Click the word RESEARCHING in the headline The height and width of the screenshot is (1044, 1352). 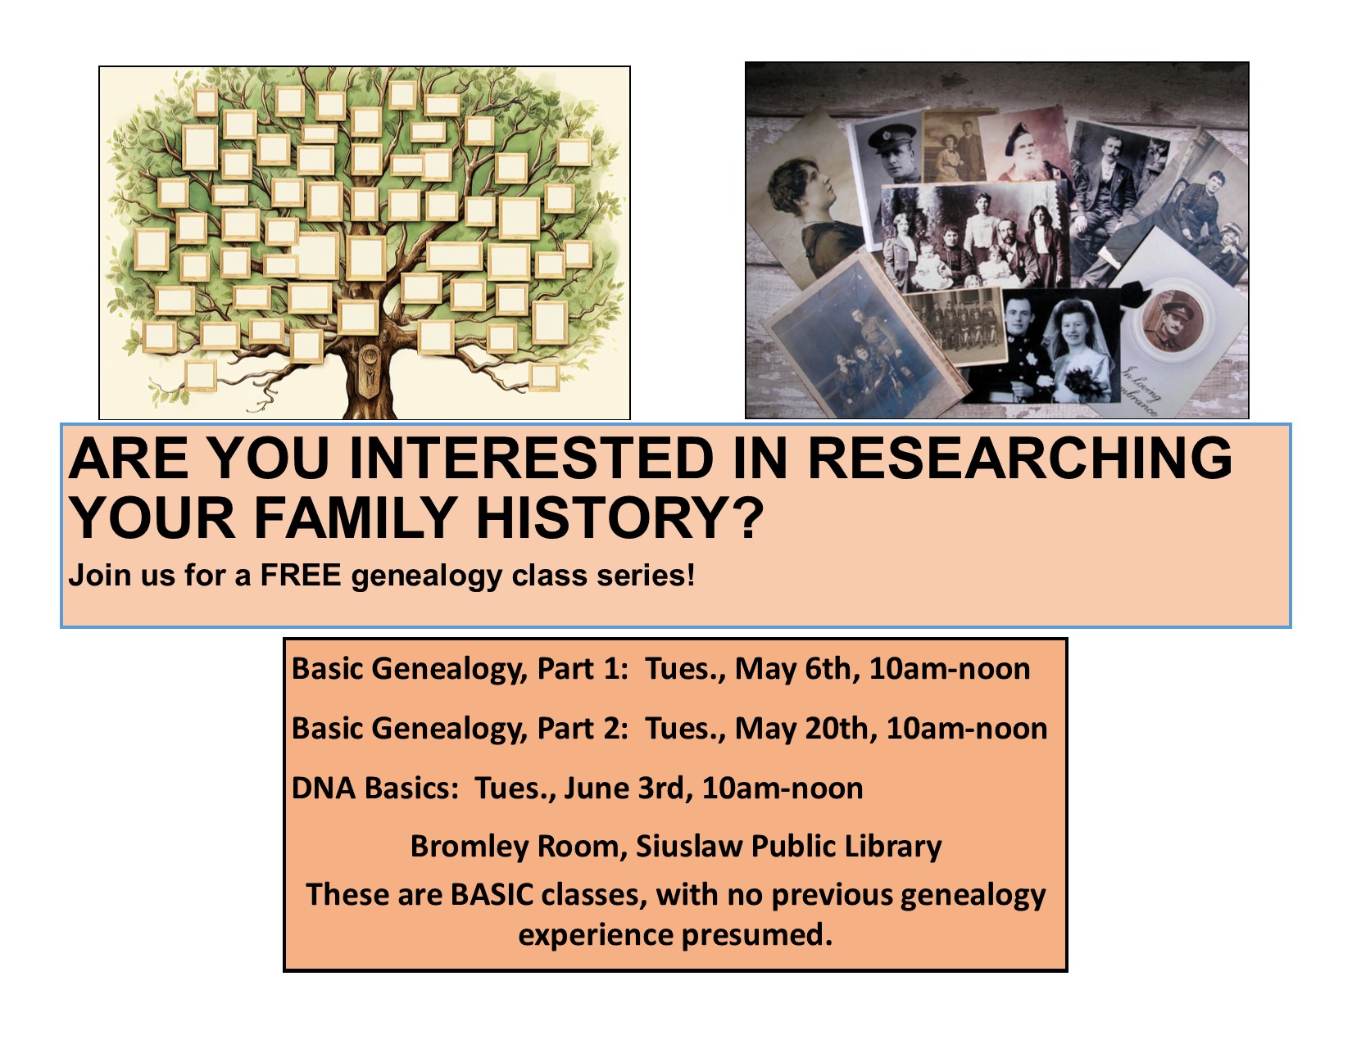[x=1019, y=459]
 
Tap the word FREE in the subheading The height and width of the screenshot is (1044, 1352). [x=302, y=575]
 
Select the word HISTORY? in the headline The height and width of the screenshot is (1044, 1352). [x=619, y=517]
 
